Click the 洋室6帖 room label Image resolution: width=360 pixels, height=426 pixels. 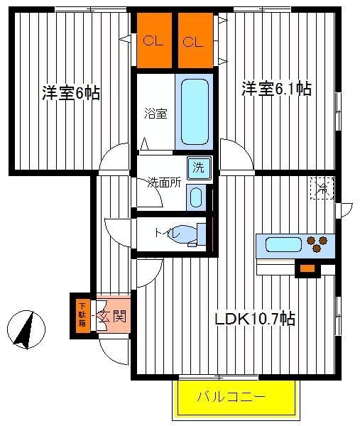pos(71,93)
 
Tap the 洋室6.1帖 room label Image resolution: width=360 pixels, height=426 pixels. pos(277,89)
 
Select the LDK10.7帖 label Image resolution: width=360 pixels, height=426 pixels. pos(255,318)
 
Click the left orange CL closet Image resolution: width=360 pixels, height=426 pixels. pos(154,40)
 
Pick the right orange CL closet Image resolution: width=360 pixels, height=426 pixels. pos(195,40)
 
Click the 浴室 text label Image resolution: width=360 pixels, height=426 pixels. pos(156,114)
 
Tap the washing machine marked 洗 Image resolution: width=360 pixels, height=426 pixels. pos(199,168)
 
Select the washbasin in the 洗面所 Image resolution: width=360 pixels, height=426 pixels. pos(196,197)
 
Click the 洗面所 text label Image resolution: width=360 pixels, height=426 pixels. pos(164,182)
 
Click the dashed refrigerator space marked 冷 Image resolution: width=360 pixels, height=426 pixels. pos(322,188)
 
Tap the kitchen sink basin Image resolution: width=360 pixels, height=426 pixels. pos(283,244)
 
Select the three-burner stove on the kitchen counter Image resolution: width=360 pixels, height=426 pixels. pos(317,244)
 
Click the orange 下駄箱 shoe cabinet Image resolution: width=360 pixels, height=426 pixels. pos(82,316)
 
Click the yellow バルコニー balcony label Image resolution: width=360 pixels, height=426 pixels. pos(231,397)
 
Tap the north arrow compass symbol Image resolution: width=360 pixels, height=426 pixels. pos(26,329)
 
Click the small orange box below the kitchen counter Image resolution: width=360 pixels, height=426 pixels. pos(307,268)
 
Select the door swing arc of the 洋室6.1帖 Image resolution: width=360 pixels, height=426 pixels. pos(242,148)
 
